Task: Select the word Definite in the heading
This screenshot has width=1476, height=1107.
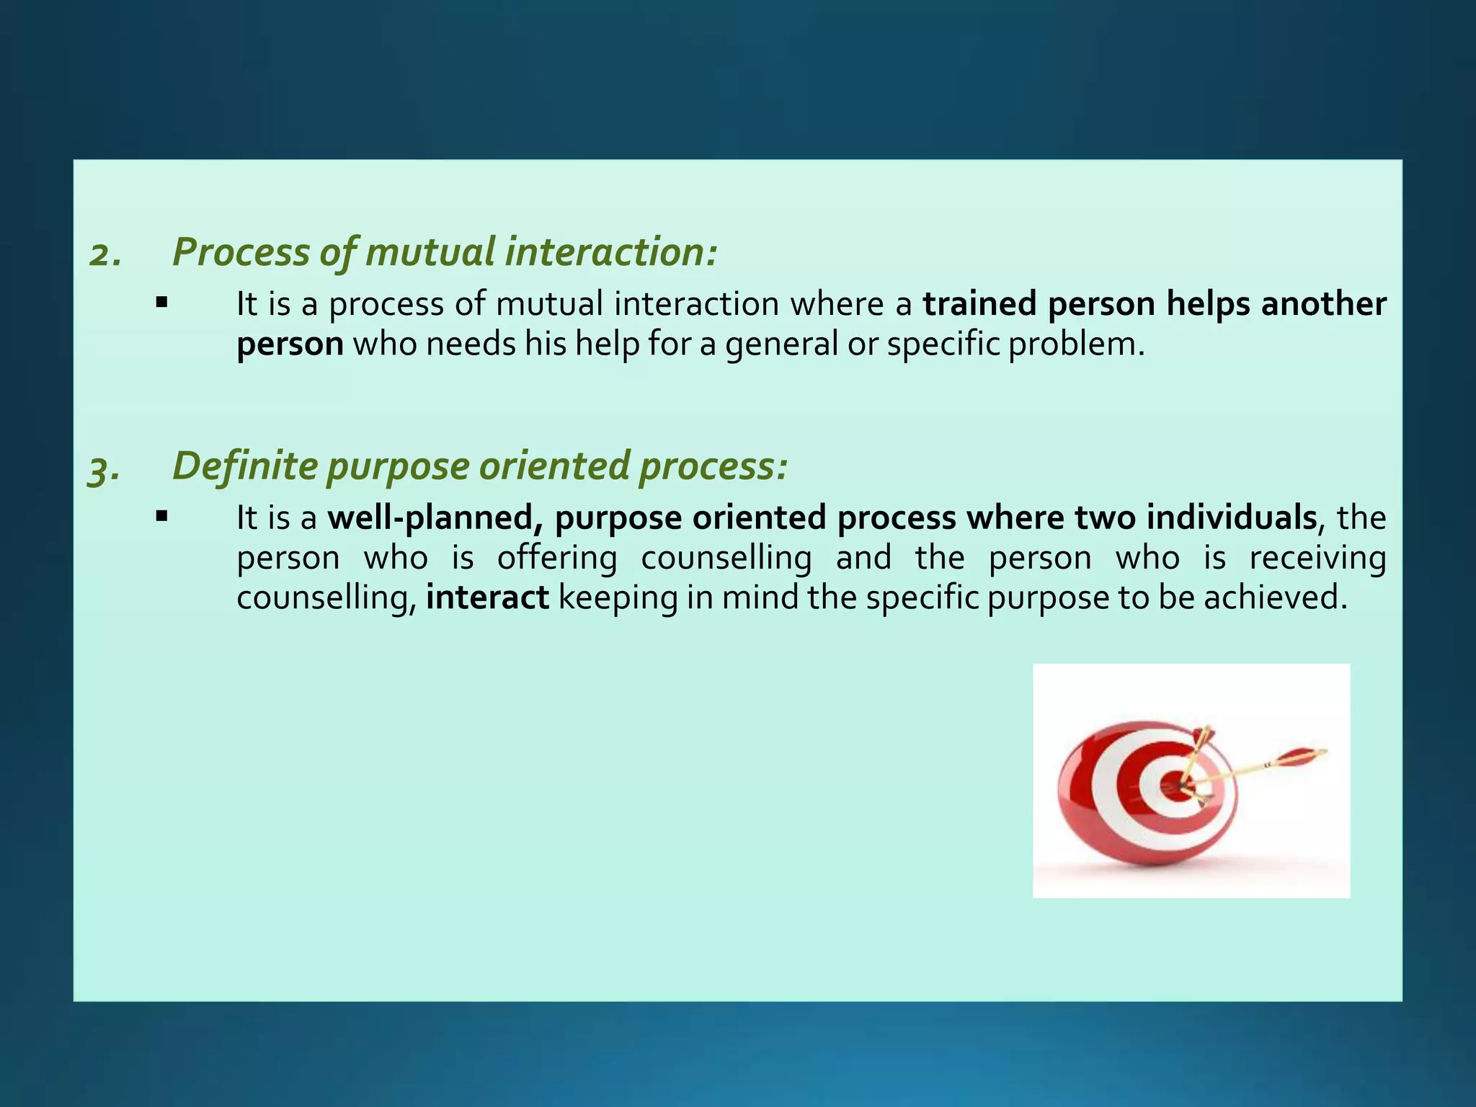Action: pyautogui.click(x=244, y=466)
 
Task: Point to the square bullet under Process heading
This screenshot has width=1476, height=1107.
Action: pyautogui.click(x=161, y=303)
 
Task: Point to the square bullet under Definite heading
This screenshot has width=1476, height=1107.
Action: pyautogui.click(x=161, y=516)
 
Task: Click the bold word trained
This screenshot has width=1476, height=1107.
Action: pyautogui.click(x=980, y=304)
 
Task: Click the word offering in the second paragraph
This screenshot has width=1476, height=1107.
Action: pyautogui.click(x=557, y=559)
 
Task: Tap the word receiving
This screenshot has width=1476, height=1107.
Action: pyautogui.click(x=1317, y=559)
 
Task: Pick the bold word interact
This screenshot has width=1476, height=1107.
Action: pyautogui.click(x=487, y=598)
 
